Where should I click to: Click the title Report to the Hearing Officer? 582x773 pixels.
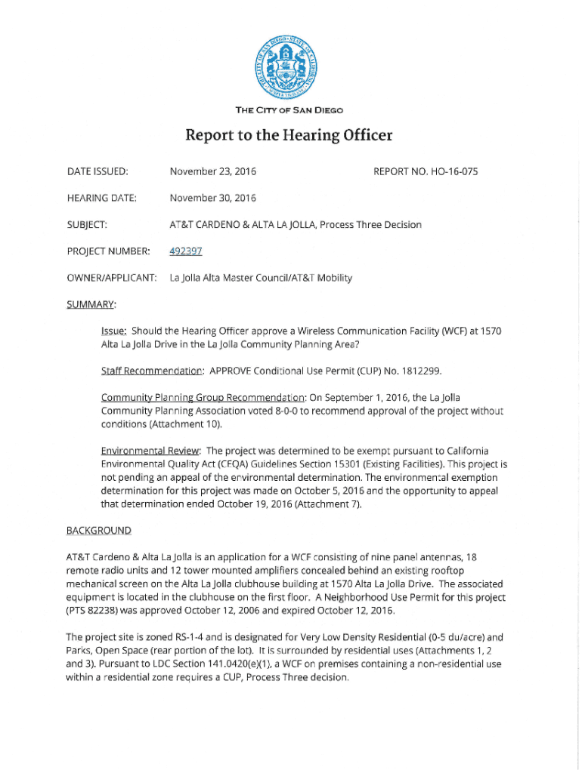point(289,136)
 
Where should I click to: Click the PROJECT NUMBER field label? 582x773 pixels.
point(108,251)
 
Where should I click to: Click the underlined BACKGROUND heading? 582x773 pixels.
point(98,530)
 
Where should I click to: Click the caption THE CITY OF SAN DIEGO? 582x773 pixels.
point(289,111)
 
